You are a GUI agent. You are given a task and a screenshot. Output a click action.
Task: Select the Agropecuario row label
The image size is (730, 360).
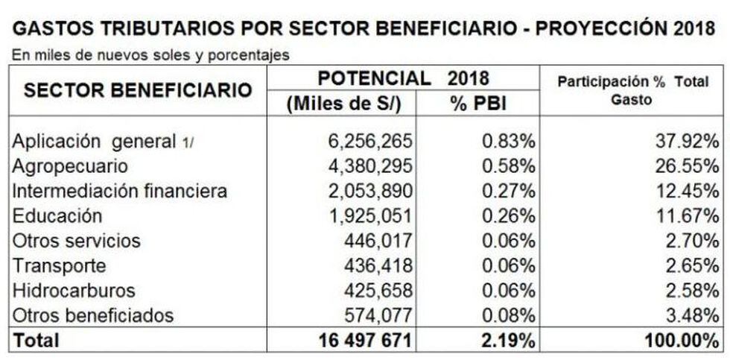tap(69, 166)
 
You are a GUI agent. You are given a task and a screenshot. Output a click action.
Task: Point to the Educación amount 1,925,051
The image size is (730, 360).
tap(362, 216)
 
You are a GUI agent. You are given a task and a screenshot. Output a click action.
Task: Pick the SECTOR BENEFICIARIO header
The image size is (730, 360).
tap(138, 91)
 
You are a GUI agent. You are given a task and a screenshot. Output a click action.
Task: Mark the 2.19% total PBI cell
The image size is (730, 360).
tap(507, 341)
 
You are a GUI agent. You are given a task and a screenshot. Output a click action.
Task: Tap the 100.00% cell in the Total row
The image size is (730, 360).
tap(674, 341)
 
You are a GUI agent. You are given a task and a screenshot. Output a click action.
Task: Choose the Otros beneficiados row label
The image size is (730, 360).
tap(92, 315)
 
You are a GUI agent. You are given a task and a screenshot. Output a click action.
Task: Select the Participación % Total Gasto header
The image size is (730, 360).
tap(632, 91)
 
